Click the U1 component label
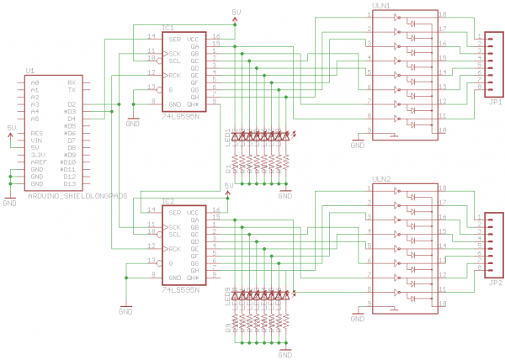[30, 71]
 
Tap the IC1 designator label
[168, 28]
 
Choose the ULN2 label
[380, 179]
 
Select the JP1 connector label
[493, 102]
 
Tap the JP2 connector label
[493, 283]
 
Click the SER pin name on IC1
[174, 39]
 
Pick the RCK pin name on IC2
[174, 248]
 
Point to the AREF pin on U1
[38, 162]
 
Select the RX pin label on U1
[72, 82]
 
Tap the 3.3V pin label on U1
[38, 155]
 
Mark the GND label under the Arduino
[10, 204]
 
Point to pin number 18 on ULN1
[442, 14]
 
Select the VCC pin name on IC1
[193, 39]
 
